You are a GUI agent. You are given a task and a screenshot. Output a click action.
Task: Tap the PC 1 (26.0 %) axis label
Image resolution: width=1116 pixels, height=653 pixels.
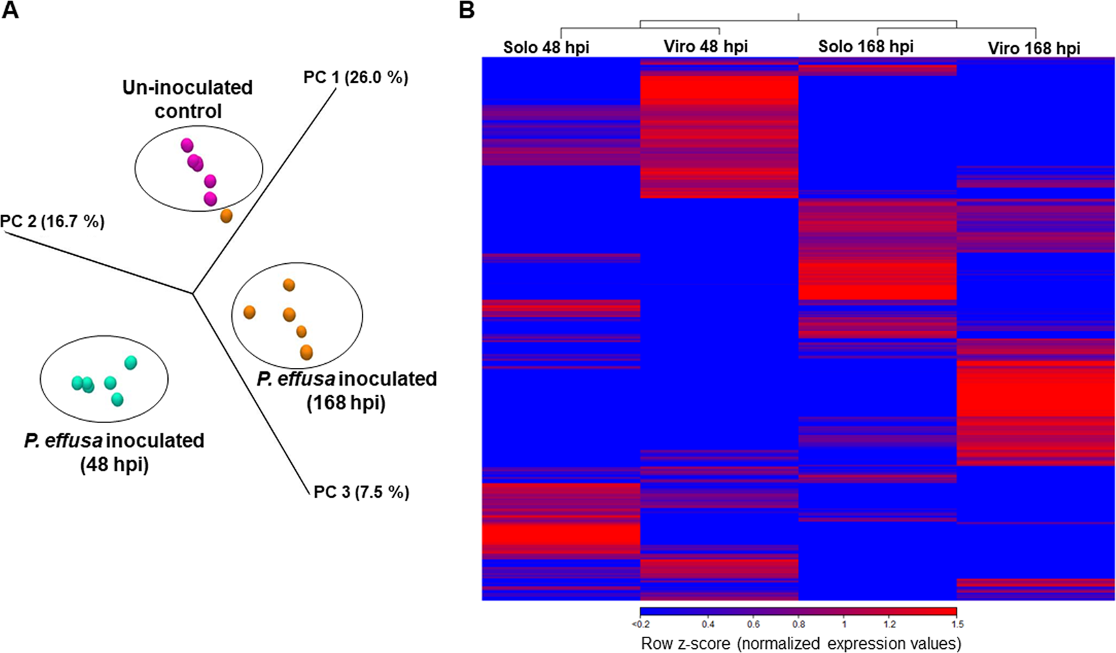coord(356,78)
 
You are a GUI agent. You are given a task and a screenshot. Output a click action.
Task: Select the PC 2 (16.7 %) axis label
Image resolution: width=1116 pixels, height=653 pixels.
coord(52,221)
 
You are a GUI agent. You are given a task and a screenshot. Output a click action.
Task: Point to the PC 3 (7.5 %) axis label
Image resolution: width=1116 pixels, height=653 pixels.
coord(361,491)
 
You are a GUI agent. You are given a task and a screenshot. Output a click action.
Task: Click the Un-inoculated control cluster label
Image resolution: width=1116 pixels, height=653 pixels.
coord(187,99)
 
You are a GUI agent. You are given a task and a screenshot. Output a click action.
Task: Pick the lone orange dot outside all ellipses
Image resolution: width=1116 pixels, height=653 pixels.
coord(226,216)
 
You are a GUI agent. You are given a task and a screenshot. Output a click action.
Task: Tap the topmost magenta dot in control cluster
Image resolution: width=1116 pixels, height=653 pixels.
coord(187,145)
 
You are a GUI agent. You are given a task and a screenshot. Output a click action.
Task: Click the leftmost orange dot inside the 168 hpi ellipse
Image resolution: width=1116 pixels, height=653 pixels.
coord(250,312)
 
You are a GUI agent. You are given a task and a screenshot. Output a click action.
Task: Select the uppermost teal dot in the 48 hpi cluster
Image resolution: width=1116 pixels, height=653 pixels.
coord(131,363)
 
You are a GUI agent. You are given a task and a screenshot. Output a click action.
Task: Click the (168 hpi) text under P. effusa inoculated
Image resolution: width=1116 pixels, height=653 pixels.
coord(346,403)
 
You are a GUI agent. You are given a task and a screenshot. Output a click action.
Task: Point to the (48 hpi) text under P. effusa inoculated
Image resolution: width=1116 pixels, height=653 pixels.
coord(114,465)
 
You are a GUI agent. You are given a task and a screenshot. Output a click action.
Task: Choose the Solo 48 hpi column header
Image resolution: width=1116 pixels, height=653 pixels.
coord(546,47)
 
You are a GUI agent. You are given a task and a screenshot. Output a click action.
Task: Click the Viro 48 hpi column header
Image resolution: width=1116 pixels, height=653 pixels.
coord(705,46)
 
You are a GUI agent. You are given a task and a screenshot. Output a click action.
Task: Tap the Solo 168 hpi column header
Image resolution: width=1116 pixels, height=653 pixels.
coord(866,46)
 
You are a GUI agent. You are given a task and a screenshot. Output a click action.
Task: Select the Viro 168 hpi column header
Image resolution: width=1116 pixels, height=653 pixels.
coord(1034,48)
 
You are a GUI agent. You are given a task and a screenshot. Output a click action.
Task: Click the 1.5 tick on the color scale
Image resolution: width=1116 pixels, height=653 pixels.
coord(958,624)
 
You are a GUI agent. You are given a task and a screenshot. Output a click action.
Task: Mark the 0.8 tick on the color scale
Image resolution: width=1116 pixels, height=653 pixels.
coord(798,624)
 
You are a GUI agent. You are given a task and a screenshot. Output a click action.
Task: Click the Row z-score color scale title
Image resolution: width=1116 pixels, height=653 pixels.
coord(800,643)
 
